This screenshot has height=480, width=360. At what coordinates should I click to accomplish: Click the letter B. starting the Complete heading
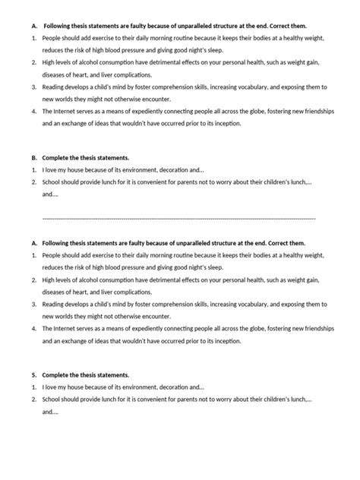35,158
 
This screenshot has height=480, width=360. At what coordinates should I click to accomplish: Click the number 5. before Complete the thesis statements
34,375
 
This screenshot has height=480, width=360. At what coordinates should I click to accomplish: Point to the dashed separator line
179,218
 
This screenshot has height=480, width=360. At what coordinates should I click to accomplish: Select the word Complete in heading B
57,158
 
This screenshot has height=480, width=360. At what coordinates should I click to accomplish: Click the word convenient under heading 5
150,399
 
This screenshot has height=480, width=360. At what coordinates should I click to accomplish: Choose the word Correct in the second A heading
266,242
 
